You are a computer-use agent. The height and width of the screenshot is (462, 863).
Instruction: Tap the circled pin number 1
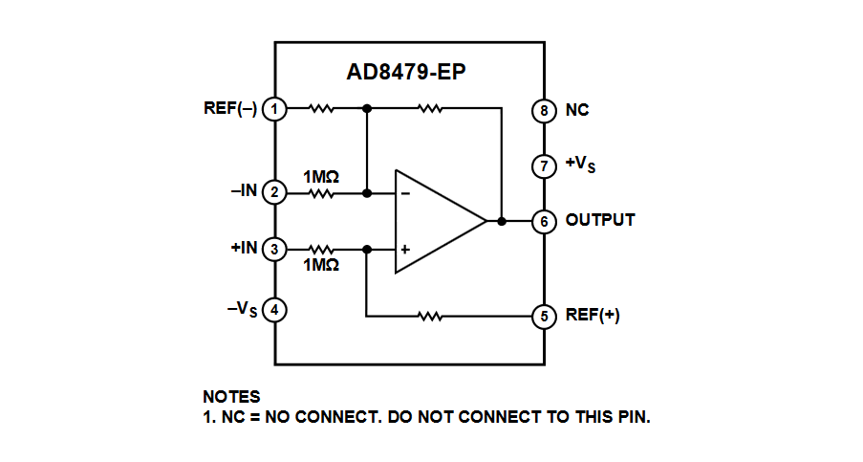point(275,109)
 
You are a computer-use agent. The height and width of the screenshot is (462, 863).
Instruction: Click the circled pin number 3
point(275,250)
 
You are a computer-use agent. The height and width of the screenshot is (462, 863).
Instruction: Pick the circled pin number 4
point(275,310)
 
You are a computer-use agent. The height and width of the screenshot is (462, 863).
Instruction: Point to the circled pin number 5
point(544,317)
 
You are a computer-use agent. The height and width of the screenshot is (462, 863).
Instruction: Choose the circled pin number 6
point(544,221)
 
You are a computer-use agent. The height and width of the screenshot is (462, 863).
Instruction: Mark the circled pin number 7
point(544,165)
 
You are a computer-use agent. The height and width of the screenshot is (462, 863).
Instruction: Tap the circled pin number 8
point(544,110)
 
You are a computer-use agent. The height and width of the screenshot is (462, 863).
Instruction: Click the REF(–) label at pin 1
point(230,108)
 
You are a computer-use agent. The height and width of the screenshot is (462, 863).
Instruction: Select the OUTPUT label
point(600,220)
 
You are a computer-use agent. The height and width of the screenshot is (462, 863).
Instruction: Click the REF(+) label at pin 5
point(593,316)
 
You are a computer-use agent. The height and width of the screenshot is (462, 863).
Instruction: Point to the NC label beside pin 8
point(577,110)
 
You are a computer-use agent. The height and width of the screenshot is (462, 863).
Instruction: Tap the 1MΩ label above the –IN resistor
point(321,177)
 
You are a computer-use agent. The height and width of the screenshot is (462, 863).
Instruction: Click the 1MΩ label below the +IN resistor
point(321,265)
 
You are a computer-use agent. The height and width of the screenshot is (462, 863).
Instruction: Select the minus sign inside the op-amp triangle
point(405,193)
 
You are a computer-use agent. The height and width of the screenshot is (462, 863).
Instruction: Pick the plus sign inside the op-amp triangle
point(405,250)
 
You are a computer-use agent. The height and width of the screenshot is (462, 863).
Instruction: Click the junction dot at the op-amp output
point(502,221)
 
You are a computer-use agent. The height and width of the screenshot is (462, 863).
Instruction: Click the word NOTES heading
point(231,396)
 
